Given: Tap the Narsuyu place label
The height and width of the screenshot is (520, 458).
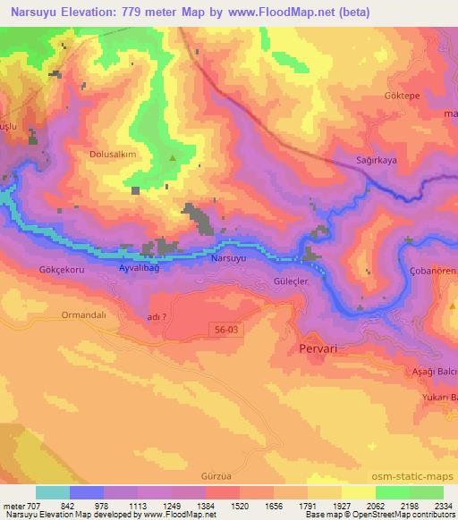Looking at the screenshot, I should tap(228, 259).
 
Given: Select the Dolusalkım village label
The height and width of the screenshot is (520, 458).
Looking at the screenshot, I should tap(113, 154).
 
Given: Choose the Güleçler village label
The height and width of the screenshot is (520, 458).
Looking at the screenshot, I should tap(289, 280).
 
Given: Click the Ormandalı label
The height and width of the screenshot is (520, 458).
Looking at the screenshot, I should tap(84, 315).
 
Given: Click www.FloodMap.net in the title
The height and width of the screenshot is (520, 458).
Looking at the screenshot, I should tap(278, 13).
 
